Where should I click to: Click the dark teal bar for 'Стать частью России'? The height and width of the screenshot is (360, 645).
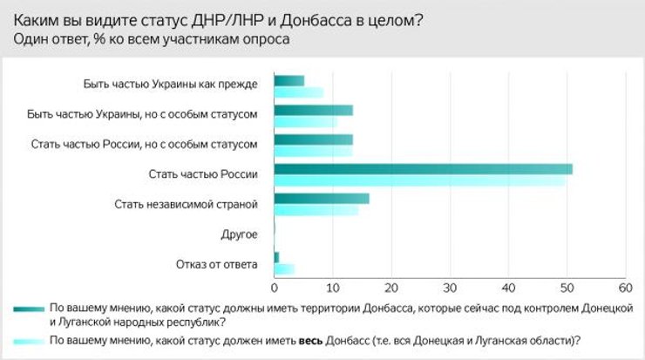pyautogui.click(x=423, y=168)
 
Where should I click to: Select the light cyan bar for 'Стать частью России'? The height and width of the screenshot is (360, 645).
pyautogui.click(x=419, y=180)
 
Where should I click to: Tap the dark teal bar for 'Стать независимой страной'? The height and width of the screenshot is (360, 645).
pyautogui.click(x=321, y=198)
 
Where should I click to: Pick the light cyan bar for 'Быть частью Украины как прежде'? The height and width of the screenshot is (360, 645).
pyautogui.click(x=298, y=92)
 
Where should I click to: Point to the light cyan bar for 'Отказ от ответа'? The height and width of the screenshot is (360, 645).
pyautogui.click(x=284, y=268)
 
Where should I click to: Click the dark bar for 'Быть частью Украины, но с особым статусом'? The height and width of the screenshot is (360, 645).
pyautogui.click(x=313, y=110)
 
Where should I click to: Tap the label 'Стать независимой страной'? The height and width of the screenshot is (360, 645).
pyautogui.click(x=187, y=205)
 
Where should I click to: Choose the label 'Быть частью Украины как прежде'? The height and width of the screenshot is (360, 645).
pyautogui.click(x=172, y=85)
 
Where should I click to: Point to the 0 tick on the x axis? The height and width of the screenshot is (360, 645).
pyautogui.click(x=275, y=289)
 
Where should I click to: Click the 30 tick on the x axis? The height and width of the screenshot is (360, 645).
pyautogui.click(x=450, y=289)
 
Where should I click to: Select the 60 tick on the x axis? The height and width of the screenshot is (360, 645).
pyautogui.click(x=624, y=289)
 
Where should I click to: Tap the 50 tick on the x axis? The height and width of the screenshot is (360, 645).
pyautogui.click(x=567, y=289)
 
